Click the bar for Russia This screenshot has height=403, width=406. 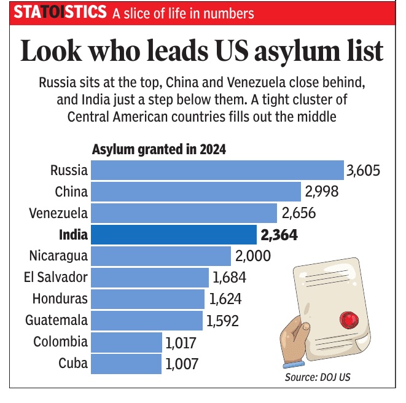[x=217, y=170]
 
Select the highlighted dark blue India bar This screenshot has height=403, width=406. [x=174, y=234]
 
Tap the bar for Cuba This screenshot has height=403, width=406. [x=126, y=363]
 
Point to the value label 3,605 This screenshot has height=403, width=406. [x=364, y=170]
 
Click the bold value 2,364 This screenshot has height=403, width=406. [x=279, y=235]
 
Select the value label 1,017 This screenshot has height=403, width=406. [x=182, y=342]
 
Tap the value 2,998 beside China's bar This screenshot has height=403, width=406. [x=322, y=192]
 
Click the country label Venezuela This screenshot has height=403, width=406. [x=58, y=213]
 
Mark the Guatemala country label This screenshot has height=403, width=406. [x=57, y=320]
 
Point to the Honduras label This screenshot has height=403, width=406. [x=60, y=299]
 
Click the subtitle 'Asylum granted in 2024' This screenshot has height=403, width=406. [x=158, y=150]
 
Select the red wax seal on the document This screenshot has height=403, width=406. [x=348, y=319]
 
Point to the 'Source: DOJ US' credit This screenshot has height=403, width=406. [x=318, y=377]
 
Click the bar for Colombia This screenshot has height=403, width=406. [x=127, y=342]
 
